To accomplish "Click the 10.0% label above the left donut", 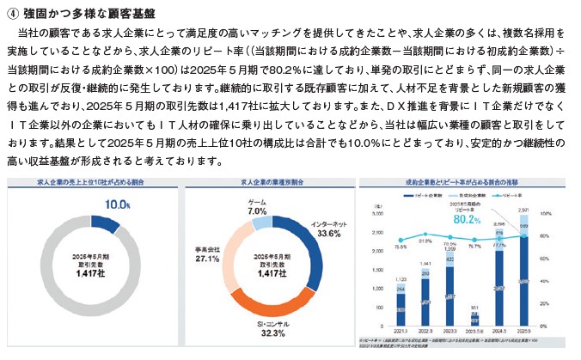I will coord(117,205).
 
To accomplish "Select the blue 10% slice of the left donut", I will coord(104,225).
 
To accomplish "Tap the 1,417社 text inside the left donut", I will coord(90,275).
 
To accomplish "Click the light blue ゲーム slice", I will coord(262,223).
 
